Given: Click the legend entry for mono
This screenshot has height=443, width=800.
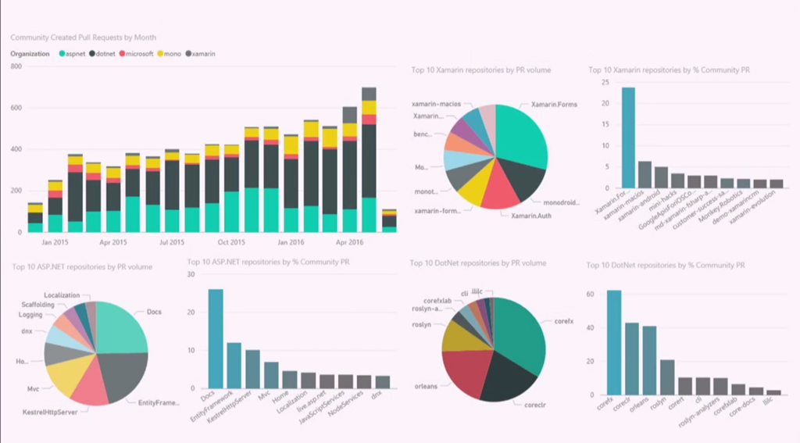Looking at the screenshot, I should [172, 54].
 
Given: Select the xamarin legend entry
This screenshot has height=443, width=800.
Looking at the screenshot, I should [203, 54].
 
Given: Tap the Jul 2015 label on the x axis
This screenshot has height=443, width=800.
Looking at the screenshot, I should [172, 241].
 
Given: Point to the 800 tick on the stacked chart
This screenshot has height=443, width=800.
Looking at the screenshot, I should [16, 66].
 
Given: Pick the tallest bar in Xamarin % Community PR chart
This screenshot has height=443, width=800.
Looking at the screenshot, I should [628, 138].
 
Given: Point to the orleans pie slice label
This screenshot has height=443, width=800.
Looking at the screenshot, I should [427, 384].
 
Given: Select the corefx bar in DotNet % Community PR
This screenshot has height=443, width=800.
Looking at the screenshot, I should [614, 341].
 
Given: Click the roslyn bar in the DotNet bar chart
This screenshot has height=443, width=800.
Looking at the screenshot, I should [667, 377].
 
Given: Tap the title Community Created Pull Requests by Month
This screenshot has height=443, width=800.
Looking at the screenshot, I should [83, 37].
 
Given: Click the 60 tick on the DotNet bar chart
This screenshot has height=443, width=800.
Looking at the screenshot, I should [591, 295].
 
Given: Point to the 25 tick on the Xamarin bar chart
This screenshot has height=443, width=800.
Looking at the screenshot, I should [605, 82].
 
